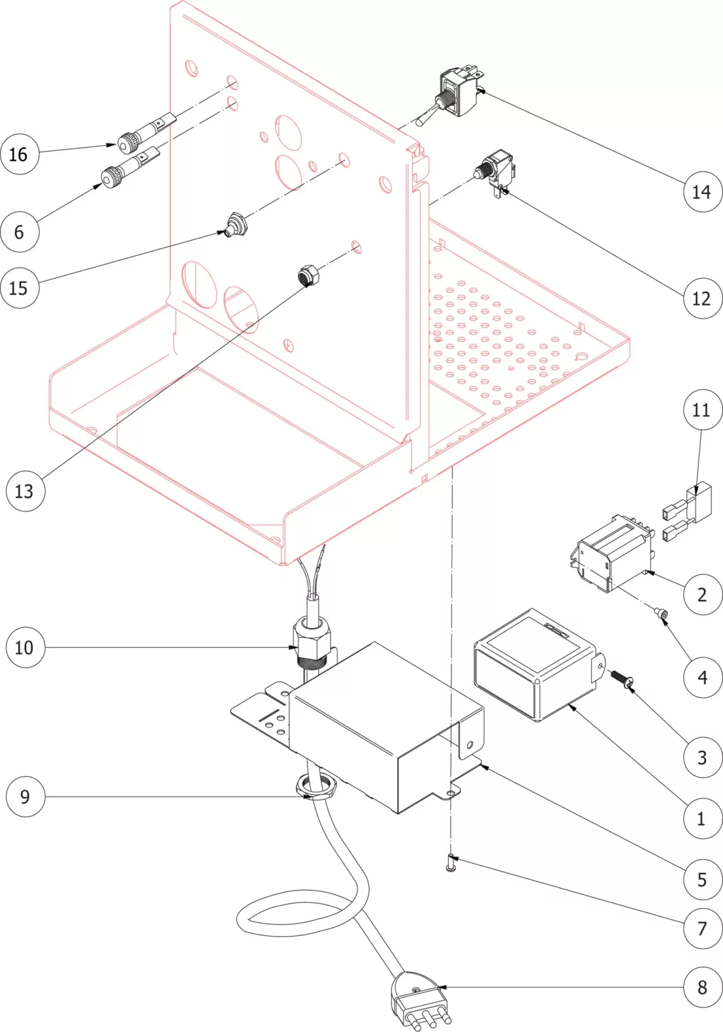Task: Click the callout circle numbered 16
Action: (x=19, y=154)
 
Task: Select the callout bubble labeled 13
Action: (x=25, y=491)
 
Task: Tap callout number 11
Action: (x=702, y=410)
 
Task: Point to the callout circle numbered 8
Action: (x=702, y=987)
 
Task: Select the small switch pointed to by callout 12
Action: (x=495, y=171)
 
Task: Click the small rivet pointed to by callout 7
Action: (x=451, y=862)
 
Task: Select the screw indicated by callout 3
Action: (x=620, y=679)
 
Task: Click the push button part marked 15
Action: (x=234, y=225)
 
